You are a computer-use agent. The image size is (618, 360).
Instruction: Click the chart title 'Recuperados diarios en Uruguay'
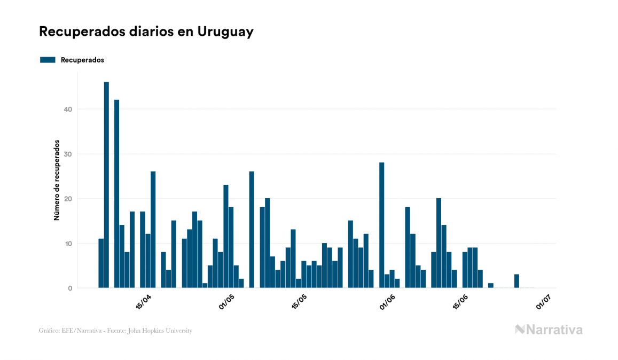pyautogui.click(x=146, y=32)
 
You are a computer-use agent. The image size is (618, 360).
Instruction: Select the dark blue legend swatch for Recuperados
pyautogui.click(x=48, y=60)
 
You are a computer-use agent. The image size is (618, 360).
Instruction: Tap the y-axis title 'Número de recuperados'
pyautogui.click(x=56, y=181)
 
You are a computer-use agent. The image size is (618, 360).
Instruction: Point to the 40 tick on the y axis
pyautogui.click(x=68, y=109)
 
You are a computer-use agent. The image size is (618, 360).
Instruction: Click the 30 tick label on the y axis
pyautogui.click(x=68, y=154)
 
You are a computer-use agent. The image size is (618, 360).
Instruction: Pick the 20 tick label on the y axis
pyautogui.click(x=68, y=199)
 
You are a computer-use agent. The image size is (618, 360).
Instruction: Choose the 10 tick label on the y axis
pyautogui.click(x=68, y=244)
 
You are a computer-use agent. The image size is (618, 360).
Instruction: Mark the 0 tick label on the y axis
pyautogui.click(x=70, y=288)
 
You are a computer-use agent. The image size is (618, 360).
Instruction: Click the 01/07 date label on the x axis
pyautogui.click(x=543, y=302)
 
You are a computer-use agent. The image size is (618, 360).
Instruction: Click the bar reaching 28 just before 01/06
pyautogui.click(x=381, y=225)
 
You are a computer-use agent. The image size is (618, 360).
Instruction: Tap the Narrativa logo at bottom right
pyautogui.click(x=549, y=330)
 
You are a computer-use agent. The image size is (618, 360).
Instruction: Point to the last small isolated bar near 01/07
pyautogui.click(x=517, y=281)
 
